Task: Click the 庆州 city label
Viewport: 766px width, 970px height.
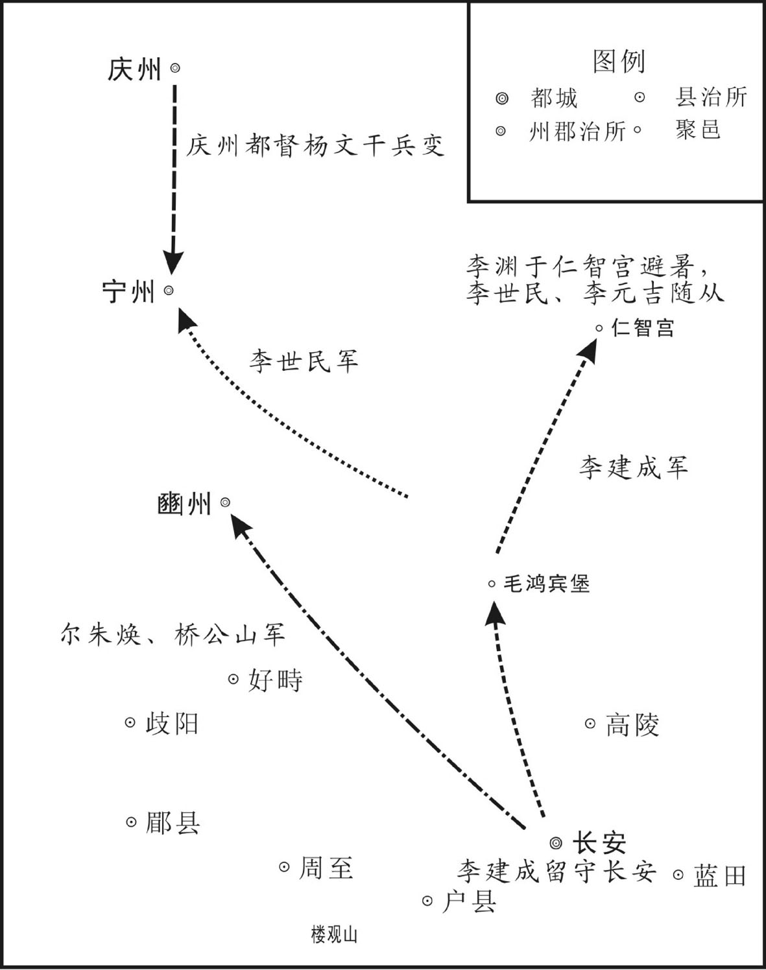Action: (134, 70)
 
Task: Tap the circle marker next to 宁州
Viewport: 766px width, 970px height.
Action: (169, 290)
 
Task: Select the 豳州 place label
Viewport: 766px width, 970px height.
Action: (184, 504)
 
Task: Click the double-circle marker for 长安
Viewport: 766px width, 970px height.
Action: (557, 842)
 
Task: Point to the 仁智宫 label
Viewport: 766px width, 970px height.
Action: (643, 327)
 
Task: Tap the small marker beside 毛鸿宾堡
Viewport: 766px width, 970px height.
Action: (492, 584)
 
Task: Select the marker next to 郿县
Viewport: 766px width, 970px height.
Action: (131, 822)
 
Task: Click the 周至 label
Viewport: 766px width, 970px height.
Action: (326, 868)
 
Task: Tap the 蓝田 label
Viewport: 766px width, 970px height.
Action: (719, 875)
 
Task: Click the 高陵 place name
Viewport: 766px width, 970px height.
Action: (632, 724)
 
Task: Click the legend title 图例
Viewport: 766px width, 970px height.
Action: (619, 62)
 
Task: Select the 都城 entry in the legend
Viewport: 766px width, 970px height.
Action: (554, 98)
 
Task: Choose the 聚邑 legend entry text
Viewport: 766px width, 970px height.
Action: (697, 130)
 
